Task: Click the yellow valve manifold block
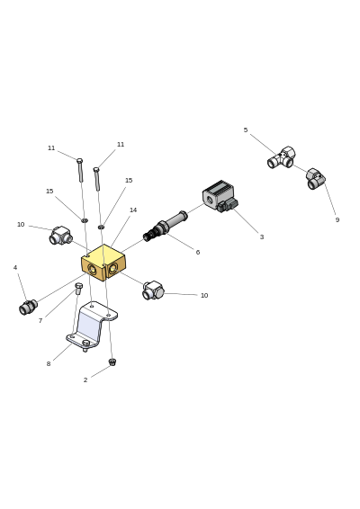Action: [103, 263]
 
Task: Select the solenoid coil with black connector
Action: [220, 196]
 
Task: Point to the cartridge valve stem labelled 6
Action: [165, 226]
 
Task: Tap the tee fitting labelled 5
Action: [282, 157]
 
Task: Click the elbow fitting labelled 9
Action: [315, 179]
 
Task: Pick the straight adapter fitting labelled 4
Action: [28, 307]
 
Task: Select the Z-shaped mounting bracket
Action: [92, 326]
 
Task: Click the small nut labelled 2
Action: [112, 362]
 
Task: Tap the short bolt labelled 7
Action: [78, 289]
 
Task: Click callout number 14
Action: [133, 210]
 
